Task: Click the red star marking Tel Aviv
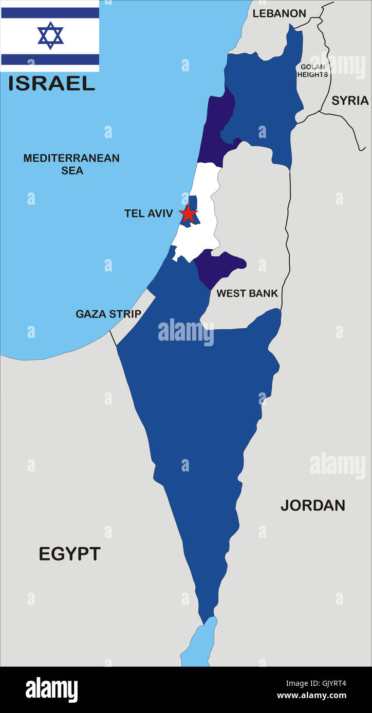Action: click(x=188, y=214)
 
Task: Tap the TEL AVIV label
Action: click(x=148, y=213)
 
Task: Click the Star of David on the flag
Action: click(x=50, y=35)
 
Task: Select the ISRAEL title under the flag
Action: click(x=51, y=83)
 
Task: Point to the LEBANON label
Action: click(x=279, y=14)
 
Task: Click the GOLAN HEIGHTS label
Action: click(x=313, y=71)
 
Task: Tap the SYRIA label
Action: click(x=350, y=101)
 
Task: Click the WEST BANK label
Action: click(x=247, y=293)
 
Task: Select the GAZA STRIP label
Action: click(x=108, y=314)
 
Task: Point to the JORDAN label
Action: click(x=312, y=505)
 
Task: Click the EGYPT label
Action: click(x=70, y=554)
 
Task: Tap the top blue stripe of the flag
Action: click(x=50, y=13)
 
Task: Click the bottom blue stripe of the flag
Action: click(x=50, y=60)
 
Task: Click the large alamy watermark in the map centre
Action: click(x=186, y=332)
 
